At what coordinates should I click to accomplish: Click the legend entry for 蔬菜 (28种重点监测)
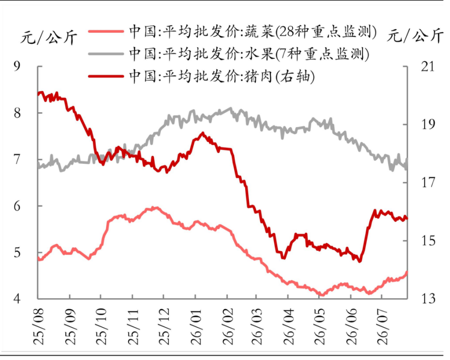(233, 31)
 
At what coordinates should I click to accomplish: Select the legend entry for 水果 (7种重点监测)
(229, 54)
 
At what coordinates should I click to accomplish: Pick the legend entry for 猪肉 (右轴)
(201, 76)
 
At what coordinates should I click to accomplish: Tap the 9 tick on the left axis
(17, 67)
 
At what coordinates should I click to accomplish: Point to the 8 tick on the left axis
(17, 113)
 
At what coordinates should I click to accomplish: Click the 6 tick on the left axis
(17, 206)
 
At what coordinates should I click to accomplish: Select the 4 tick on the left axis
(17, 299)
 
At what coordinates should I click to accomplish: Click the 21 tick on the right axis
(428, 67)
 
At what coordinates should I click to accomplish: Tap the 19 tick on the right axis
(428, 125)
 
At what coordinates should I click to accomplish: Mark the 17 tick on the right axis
(428, 182)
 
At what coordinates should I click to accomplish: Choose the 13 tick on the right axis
(428, 299)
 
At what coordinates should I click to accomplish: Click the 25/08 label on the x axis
(39, 327)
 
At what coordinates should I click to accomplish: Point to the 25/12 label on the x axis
(164, 327)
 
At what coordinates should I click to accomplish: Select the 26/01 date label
(195, 327)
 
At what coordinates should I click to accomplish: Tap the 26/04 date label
(289, 327)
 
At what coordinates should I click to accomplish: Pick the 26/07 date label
(382, 327)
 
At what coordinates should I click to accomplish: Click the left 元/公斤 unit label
(49, 37)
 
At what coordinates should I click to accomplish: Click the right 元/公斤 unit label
(415, 35)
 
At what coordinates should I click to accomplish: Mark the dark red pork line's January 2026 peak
(203, 133)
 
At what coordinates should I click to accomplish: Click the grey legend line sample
(106, 54)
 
